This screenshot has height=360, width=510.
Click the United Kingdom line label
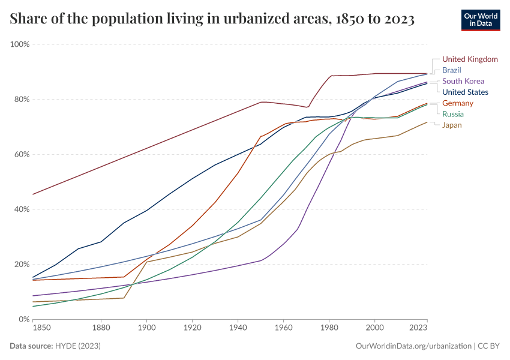tap(470, 59)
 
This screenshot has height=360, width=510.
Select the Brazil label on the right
tap(451, 70)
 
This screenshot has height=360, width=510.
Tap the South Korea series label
tap(463, 81)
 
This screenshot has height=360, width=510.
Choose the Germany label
tap(458, 103)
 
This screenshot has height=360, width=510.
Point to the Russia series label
tap(452, 114)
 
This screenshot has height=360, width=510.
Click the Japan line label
tap(452, 125)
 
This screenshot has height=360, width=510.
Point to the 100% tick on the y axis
tap(20, 44)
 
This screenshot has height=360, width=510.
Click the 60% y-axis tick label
tap(22, 154)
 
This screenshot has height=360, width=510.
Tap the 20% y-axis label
tap(22, 265)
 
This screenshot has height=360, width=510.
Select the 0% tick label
tap(25, 319)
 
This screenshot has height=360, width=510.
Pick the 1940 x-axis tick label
tap(238, 329)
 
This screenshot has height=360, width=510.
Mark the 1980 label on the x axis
tap(329, 329)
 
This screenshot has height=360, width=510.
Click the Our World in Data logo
tap(480, 19)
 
